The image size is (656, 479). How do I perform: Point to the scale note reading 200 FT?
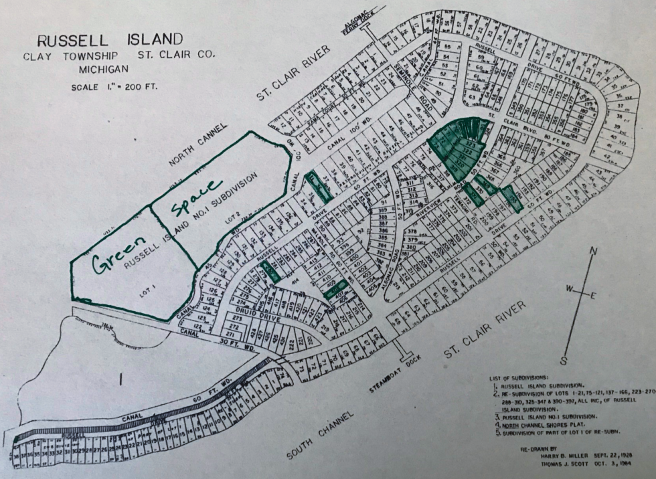[x=138, y=87]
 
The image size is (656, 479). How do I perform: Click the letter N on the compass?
[x=593, y=251]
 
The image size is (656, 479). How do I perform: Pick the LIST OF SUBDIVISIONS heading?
[x=525, y=379]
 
